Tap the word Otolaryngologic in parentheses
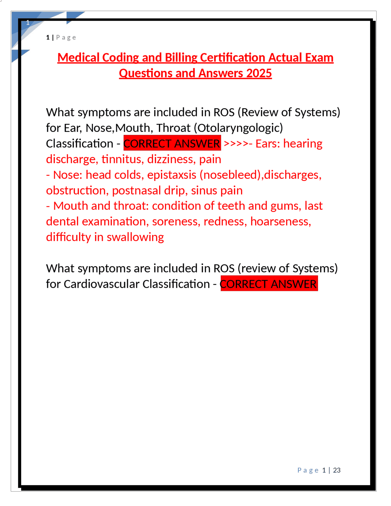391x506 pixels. click(x=240, y=128)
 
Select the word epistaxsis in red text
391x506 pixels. click(x=172, y=175)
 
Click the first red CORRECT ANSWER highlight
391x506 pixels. click(x=172, y=144)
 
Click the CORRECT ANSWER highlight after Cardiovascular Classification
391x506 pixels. click(x=269, y=284)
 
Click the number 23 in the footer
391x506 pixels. click(x=337, y=470)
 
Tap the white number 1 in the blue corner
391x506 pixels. click(x=28, y=23)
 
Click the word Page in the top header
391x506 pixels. click(x=66, y=38)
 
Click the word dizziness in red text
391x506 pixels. click(x=171, y=159)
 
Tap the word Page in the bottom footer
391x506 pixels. click(x=308, y=470)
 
